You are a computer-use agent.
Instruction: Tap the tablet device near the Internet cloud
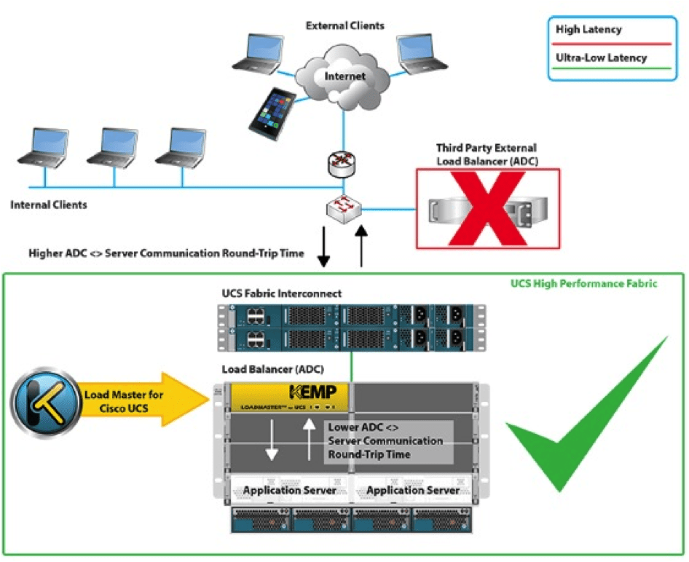tap(266, 111)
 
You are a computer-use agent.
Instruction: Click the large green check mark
tap(583, 422)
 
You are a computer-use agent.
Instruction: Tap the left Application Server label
tap(290, 490)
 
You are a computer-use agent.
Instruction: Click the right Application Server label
tap(413, 490)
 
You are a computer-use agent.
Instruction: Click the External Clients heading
tap(344, 25)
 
